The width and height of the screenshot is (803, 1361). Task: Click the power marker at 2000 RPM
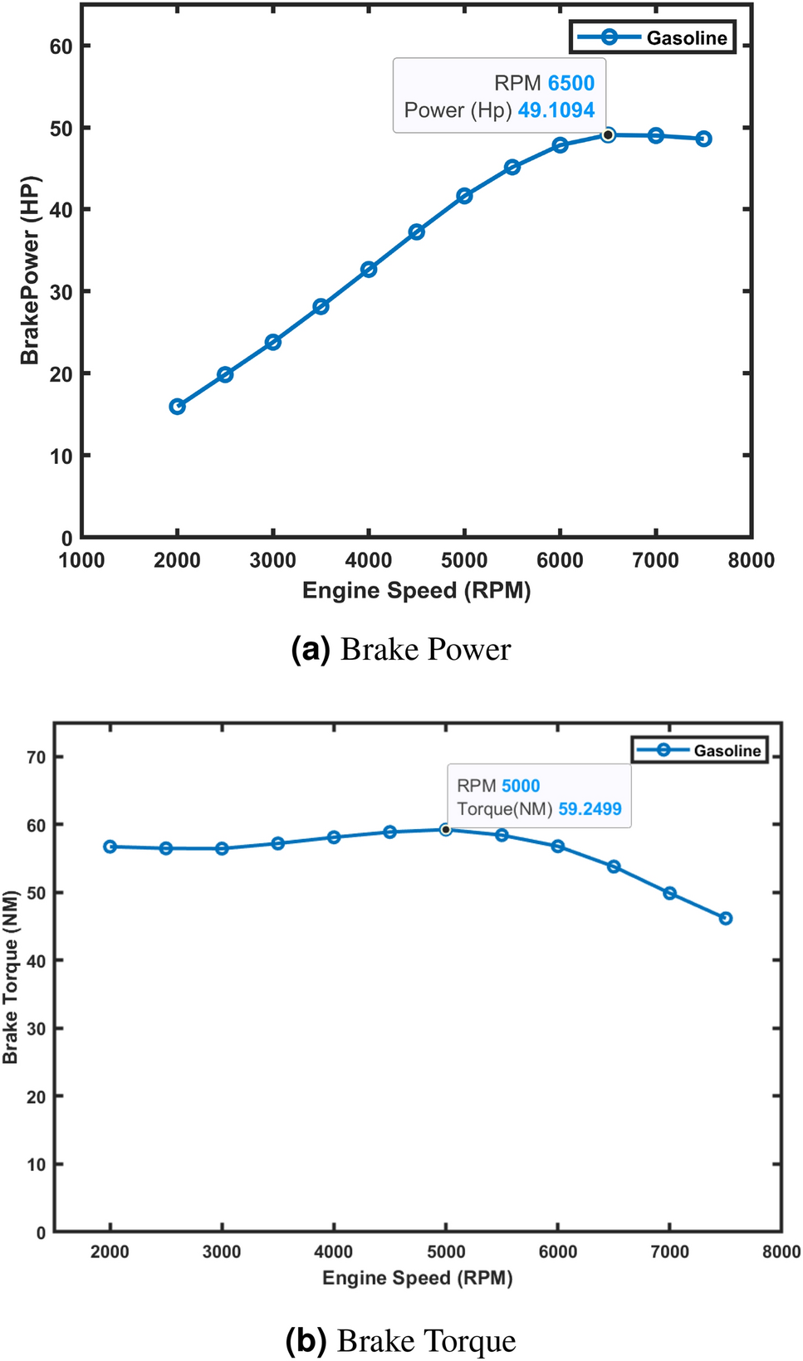tap(177, 407)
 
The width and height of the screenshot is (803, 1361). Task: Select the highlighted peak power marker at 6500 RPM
tap(608, 134)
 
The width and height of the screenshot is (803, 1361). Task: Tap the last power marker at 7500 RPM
tap(703, 139)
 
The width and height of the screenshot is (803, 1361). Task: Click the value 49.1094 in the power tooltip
tap(556, 110)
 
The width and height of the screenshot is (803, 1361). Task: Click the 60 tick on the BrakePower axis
tap(61, 46)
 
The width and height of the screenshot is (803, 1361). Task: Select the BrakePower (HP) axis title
tap(30, 271)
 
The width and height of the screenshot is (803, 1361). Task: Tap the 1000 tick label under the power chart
tap(81, 560)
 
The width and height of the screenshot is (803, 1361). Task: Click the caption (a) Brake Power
tap(401, 649)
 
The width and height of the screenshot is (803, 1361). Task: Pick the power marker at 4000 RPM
tap(369, 270)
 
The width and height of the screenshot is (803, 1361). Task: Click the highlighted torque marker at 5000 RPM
tap(446, 829)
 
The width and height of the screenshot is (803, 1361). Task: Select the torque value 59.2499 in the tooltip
tap(590, 809)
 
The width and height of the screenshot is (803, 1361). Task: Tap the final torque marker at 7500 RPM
tap(726, 918)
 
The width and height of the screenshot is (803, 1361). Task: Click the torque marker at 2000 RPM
tap(110, 846)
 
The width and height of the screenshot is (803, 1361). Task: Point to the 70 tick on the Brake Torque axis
tap(36, 757)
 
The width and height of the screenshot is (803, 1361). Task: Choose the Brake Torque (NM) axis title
tap(10, 977)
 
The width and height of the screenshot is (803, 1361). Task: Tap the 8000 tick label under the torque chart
tap(781, 1252)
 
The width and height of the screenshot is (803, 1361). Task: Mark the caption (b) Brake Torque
tap(401, 1341)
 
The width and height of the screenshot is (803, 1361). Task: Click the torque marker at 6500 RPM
tap(614, 866)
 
